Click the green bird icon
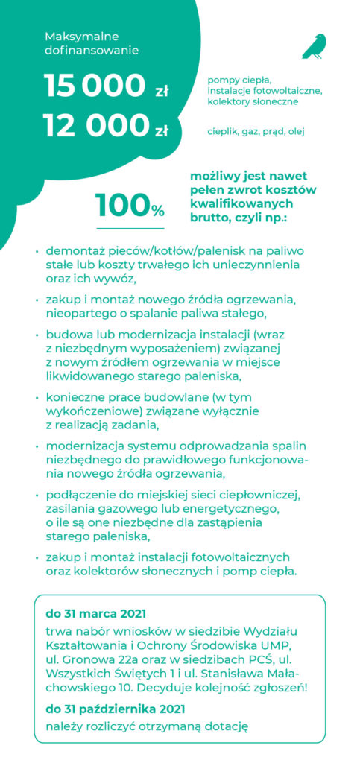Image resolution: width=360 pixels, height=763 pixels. click(315, 46)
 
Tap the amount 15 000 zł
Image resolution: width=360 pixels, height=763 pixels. click(106, 86)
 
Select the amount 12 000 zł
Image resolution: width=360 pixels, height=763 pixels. click(106, 127)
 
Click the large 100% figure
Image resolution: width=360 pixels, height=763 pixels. click(130, 206)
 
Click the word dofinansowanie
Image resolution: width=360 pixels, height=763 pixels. click(92, 51)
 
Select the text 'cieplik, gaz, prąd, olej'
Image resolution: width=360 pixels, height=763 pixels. click(256, 132)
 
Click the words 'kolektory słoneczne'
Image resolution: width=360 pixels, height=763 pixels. click(253, 101)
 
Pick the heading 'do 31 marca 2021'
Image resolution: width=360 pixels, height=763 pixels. click(95, 614)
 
